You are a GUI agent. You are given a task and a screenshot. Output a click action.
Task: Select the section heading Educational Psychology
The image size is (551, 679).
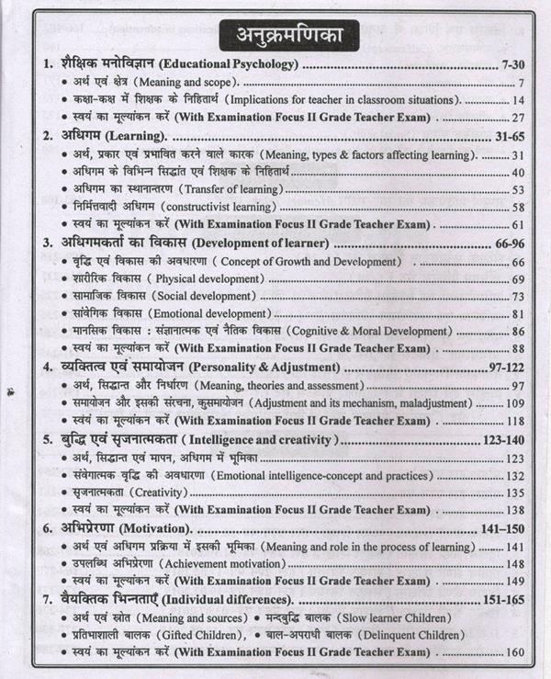[218, 65]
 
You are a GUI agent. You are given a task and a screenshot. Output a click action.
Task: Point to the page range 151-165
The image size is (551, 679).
[509, 600]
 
